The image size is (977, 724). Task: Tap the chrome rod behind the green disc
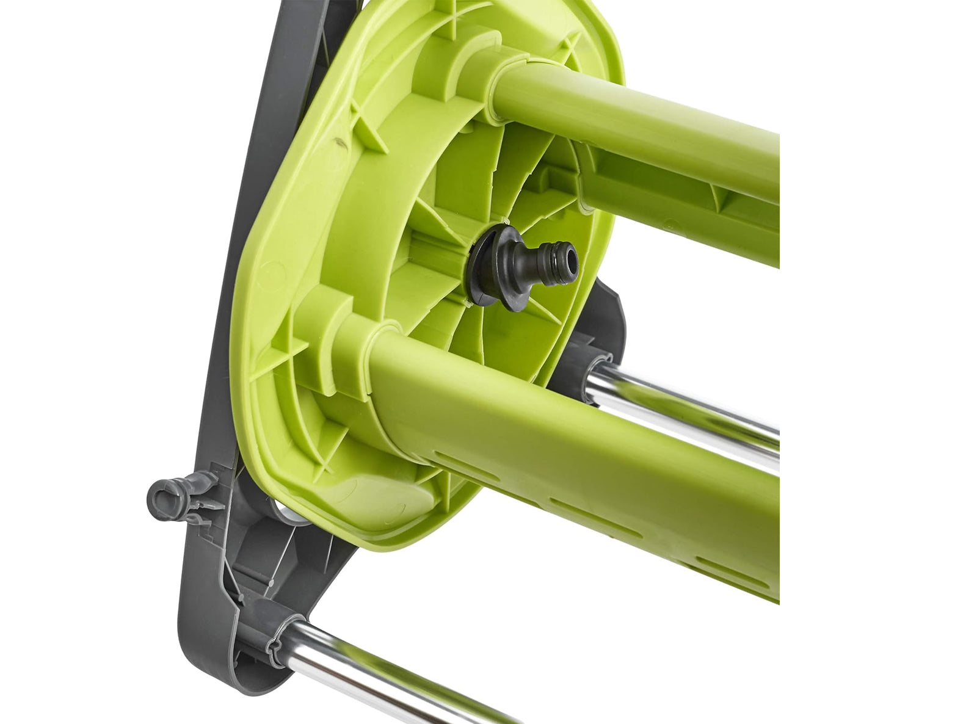pyautogui.click(x=684, y=403)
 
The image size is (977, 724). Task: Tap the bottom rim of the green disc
pyautogui.click(x=379, y=537)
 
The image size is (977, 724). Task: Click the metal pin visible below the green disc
pyautogui.click(x=293, y=516)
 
